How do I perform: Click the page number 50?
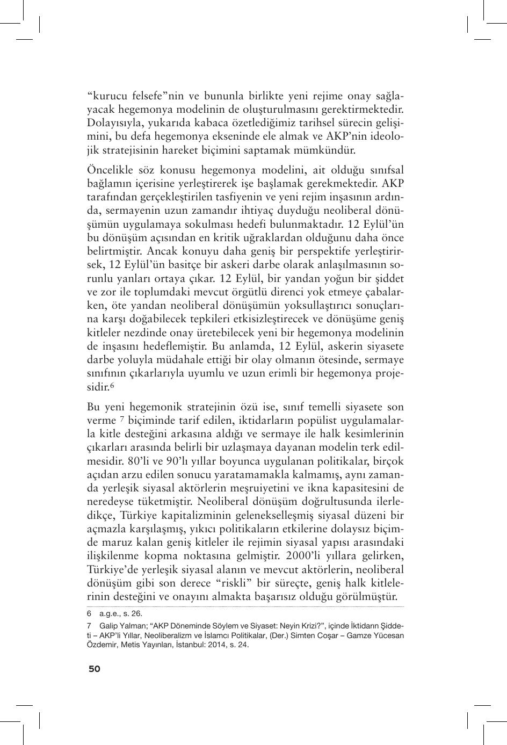(x=94, y=669)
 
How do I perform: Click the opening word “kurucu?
(x=107, y=97)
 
